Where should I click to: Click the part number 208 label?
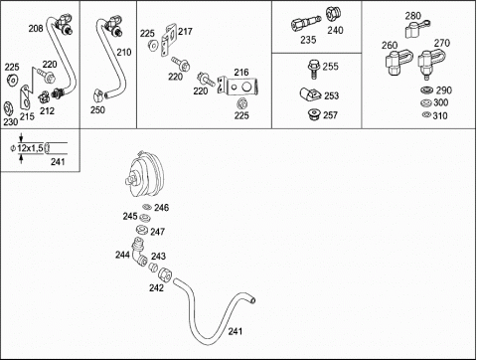point(36,29)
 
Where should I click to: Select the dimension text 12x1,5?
point(30,148)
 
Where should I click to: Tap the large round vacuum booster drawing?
point(145,173)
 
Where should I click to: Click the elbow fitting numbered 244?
point(139,253)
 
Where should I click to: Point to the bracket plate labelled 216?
point(238,86)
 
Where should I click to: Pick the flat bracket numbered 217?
point(169,40)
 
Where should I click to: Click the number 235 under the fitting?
point(308,40)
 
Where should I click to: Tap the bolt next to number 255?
point(313,69)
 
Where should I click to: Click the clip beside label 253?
point(310,94)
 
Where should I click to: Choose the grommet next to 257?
point(313,114)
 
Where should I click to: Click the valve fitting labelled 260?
point(397,62)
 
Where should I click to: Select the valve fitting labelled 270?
point(429,63)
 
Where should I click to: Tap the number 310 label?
point(440,115)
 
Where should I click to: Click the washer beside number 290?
point(427,90)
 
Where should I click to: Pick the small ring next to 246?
point(147,207)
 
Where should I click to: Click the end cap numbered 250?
point(98,95)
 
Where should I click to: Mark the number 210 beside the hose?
point(124,52)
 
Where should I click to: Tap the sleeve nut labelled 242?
point(165,274)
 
